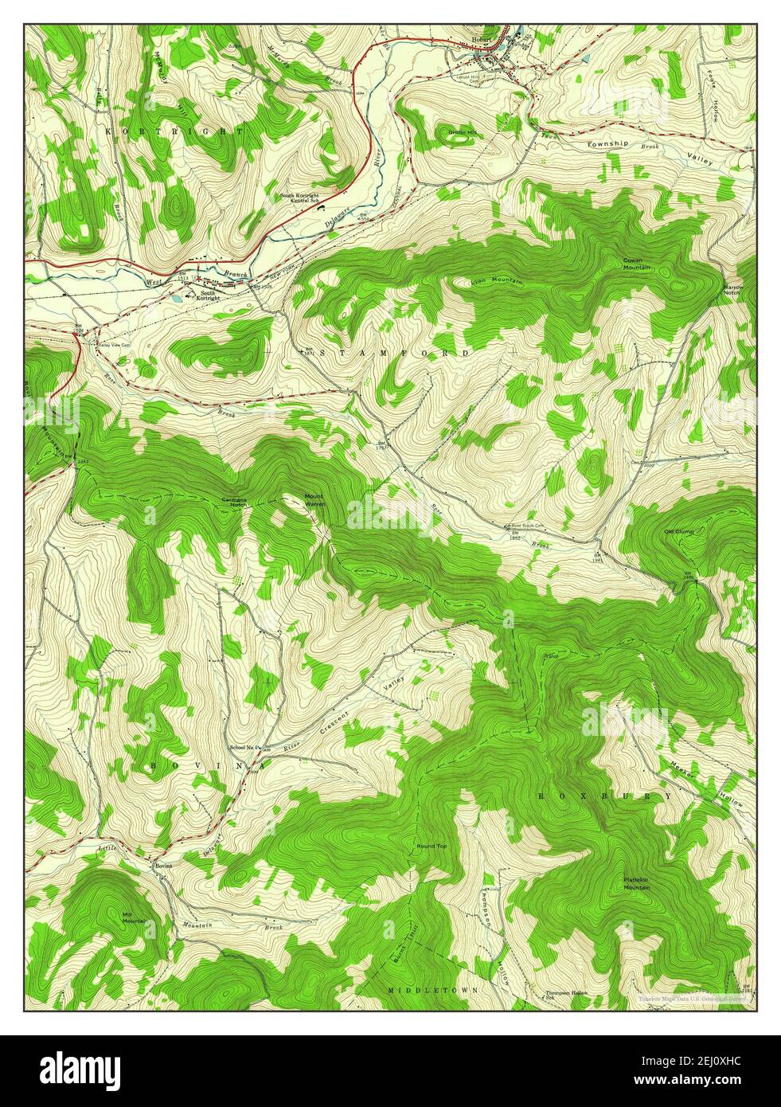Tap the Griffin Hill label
click(461, 131)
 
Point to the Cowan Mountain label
click(636, 264)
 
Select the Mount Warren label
click(314, 499)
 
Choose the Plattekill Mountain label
click(636, 882)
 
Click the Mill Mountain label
click(133, 917)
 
